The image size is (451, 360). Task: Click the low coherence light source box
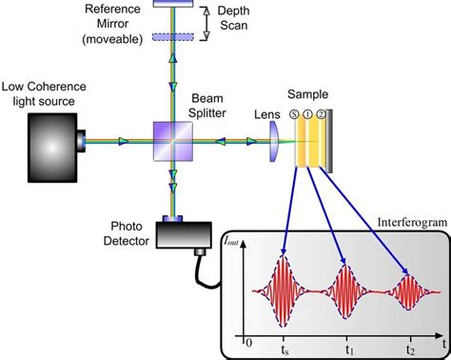click(x=53, y=142)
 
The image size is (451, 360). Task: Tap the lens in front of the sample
click(x=272, y=142)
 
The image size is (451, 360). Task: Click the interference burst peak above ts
click(x=284, y=257)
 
